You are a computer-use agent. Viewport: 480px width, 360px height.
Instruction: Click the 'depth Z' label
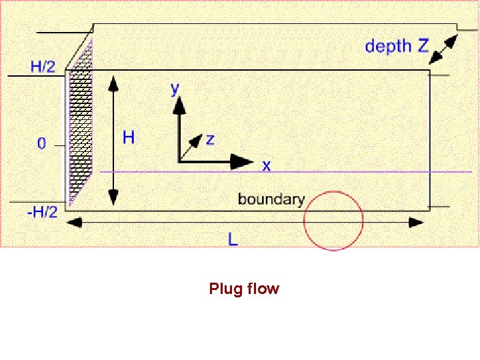click(x=397, y=46)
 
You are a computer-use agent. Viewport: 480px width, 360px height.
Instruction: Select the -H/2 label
click(x=42, y=211)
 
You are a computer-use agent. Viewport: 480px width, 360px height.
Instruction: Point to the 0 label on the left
click(x=42, y=143)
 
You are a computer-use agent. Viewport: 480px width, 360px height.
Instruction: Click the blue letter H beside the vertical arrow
click(x=129, y=137)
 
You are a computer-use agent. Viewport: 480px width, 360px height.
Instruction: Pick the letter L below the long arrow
click(x=233, y=239)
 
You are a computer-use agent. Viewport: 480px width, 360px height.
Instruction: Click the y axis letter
click(x=175, y=89)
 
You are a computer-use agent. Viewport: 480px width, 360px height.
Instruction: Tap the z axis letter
click(x=210, y=139)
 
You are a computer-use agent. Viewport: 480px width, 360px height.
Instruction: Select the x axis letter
click(x=266, y=165)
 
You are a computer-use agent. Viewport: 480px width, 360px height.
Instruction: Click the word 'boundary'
click(x=271, y=199)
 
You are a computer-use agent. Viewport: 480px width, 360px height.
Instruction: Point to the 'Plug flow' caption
click(x=244, y=289)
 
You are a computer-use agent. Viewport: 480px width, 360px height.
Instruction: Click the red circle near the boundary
click(x=333, y=221)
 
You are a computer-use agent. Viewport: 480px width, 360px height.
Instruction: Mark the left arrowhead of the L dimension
click(x=74, y=222)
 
